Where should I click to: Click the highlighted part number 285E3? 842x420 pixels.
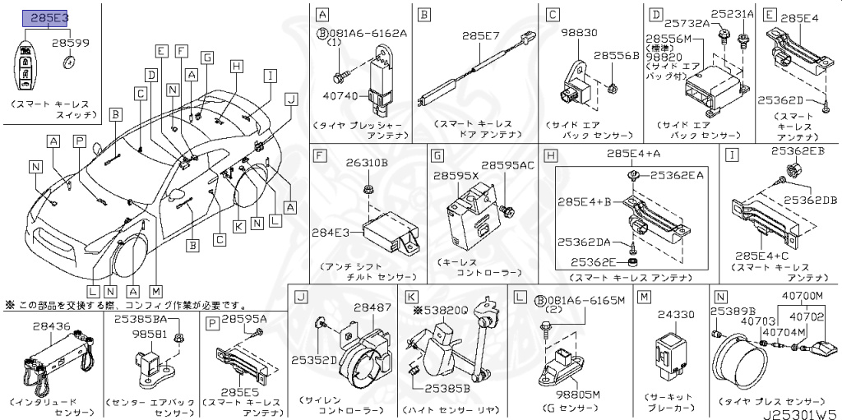[x=51, y=16]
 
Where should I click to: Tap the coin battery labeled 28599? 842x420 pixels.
[x=71, y=62]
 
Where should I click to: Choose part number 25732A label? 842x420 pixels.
[x=688, y=23]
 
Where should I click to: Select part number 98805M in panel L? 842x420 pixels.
[x=572, y=395]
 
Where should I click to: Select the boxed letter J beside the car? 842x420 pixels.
[x=289, y=97]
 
